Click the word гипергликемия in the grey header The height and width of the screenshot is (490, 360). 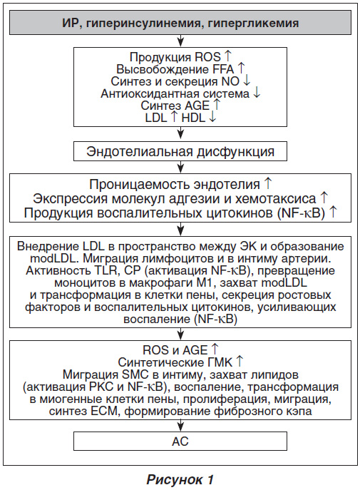(x=254, y=23)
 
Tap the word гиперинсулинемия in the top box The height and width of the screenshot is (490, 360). (x=146, y=23)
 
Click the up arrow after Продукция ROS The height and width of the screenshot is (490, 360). (x=228, y=56)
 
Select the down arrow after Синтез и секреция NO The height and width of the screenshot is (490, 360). (x=247, y=81)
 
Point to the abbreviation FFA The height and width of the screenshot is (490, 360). (x=223, y=68)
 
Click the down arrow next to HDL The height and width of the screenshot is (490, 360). (x=212, y=117)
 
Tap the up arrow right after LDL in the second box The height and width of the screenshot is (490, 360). (x=174, y=117)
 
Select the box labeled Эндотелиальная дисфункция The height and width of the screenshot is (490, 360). (x=180, y=151)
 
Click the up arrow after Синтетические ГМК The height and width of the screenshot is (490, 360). (x=240, y=362)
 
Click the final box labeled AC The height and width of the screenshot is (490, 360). (x=180, y=441)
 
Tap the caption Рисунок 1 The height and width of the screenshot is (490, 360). (x=180, y=479)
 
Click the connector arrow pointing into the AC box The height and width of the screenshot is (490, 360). (x=180, y=426)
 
